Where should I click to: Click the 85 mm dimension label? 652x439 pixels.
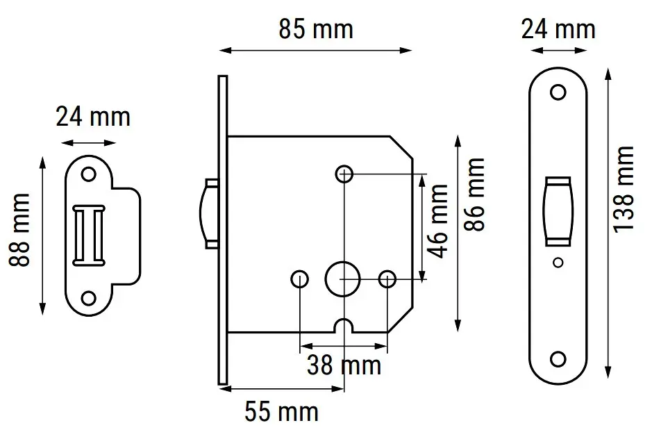pyautogui.click(x=316, y=30)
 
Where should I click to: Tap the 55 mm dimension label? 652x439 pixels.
pyautogui.click(x=281, y=411)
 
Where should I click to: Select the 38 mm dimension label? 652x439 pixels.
pyautogui.click(x=344, y=365)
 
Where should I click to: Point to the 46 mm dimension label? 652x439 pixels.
pyautogui.click(x=438, y=221)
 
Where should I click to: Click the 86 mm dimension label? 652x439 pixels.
pyautogui.click(x=474, y=194)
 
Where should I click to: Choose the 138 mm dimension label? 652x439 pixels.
pyautogui.click(x=624, y=190)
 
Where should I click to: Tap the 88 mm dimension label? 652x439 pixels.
pyautogui.click(x=19, y=230)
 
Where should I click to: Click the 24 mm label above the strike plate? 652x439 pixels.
pyautogui.click(x=93, y=117)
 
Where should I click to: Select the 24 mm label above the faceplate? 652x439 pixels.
pyautogui.click(x=558, y=30)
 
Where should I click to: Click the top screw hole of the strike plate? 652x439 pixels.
pyautogui.click(x=88, y=174)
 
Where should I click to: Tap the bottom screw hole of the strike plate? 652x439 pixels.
pyautogui.click(x=88, y=298)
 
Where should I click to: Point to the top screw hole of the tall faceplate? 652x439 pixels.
pyautogui.click(x=558, y=92)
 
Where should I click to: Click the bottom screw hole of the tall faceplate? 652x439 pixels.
pyautogui.click(x=558, y=358)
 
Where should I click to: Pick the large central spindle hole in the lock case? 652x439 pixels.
pyautogui.click(x=342, y=279)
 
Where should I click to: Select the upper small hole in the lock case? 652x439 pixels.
pyautogui.click(x=344, y=174)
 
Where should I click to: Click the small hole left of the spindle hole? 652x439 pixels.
pyautogui.click(x=299, y=279)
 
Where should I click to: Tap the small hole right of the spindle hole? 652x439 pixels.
pyautogui.click(x=387, y=279)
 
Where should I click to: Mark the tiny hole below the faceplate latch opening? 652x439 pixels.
pyautogui.click(x=558, y=263)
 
